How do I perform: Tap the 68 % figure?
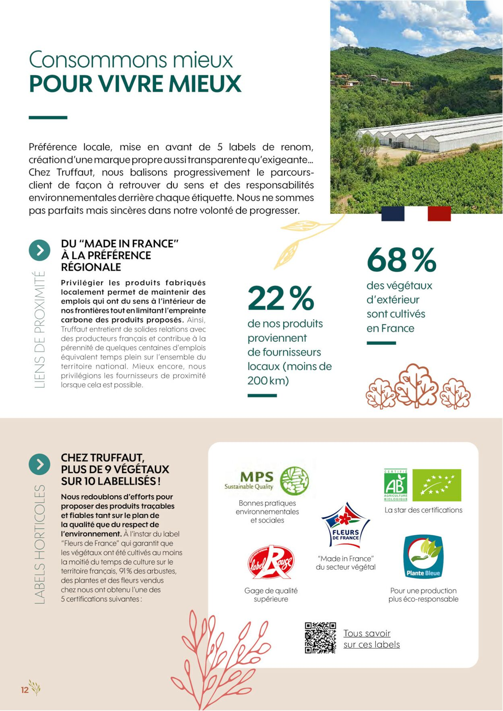pyautogui.click(x=401, y=260)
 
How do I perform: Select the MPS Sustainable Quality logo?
pyautogui.click(x=267, y=481)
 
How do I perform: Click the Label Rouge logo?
pyautogui.click(x=271, y=562)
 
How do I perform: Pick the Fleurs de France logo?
pyautogui.click(x=346, y=524)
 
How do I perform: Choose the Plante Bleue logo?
pyautogui.click(x=423, y=556)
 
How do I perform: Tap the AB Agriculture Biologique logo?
pyautogui.click(x=396, y=485)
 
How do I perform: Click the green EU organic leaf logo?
pyautogui.click(x=437, y=485)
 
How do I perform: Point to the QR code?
pyautogui.click(x=320, y=638)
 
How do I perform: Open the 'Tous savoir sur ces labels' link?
pyautogui.click(x=371, y=639)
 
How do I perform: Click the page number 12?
pyautogui.click(x=25, y=690)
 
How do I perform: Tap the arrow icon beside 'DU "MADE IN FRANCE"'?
pyautogui.click(x=39, y=250)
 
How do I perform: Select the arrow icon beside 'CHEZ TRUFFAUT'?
pyautogui.click(x=39, y=464)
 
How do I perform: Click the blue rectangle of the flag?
pyautogui.click(x=393, y=213)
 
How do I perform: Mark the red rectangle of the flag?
pyautogui.click(x=439, y=213)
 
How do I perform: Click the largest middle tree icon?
pyautogui.click(x=416, y=385)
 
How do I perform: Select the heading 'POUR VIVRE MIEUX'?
pyautogui.click(x=135, y=84)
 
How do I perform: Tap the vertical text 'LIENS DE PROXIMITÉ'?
pyautogui.click(x=39, y=330)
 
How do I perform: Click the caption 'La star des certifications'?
pyautogui.click(x=423, y=510)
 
